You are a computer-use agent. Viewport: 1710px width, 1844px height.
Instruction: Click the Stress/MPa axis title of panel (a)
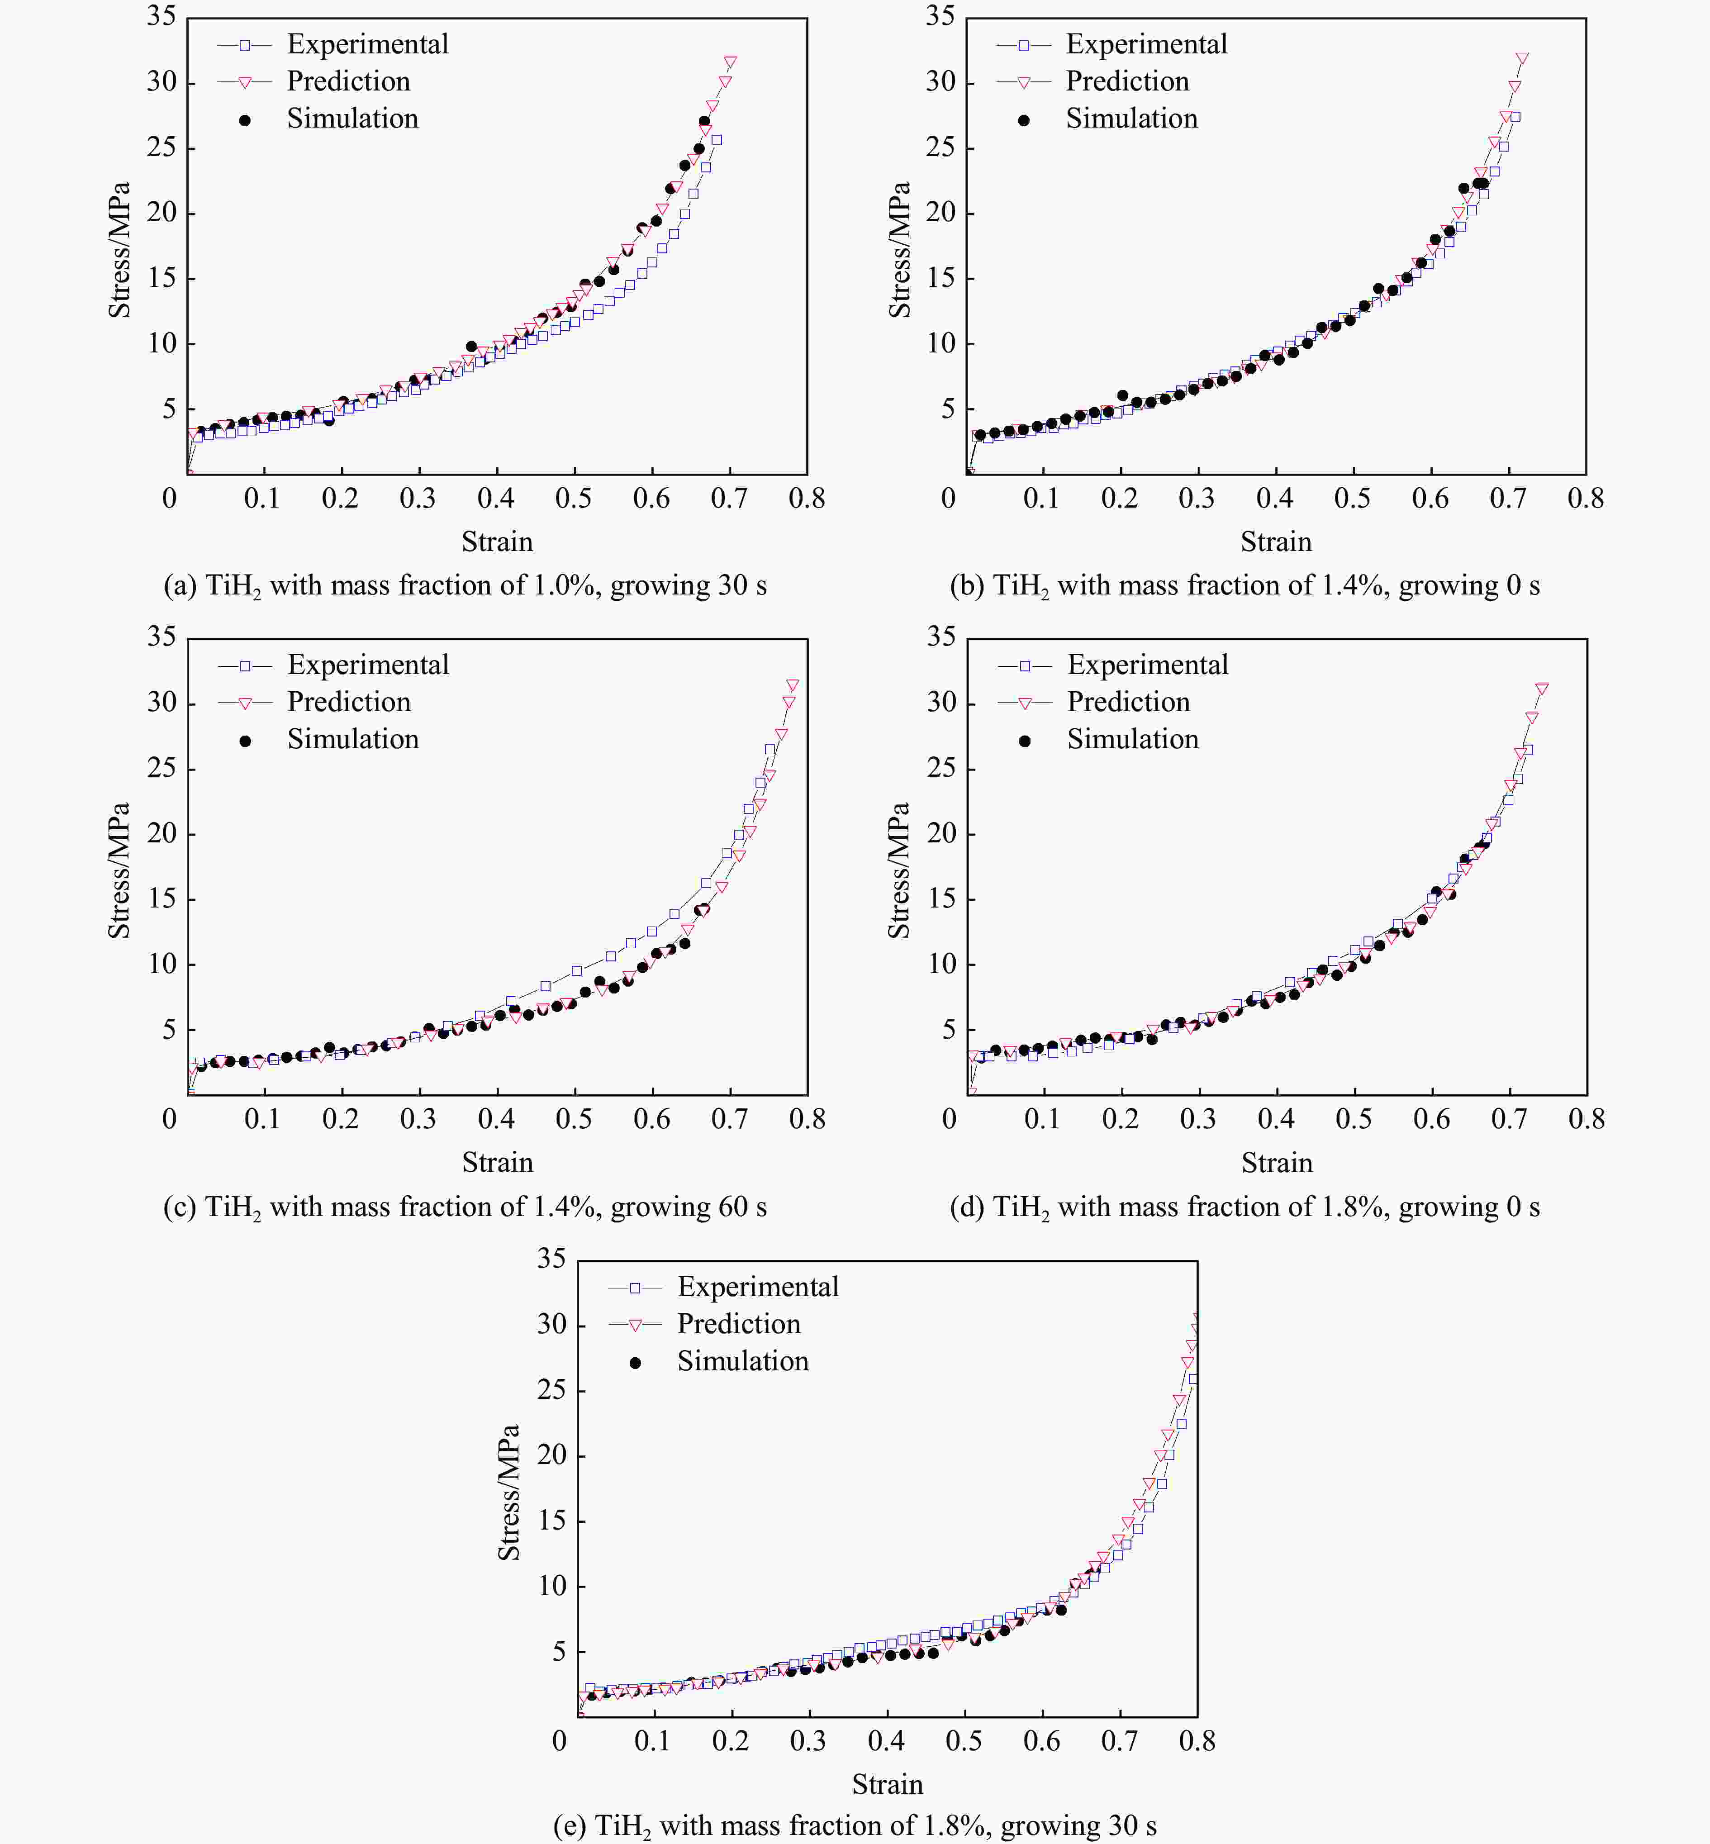[x=119, y=250]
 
